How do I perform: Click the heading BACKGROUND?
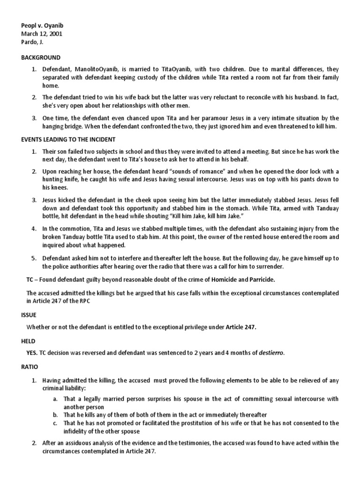(x=40, y=57)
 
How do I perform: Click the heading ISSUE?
(x=28, y=315)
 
